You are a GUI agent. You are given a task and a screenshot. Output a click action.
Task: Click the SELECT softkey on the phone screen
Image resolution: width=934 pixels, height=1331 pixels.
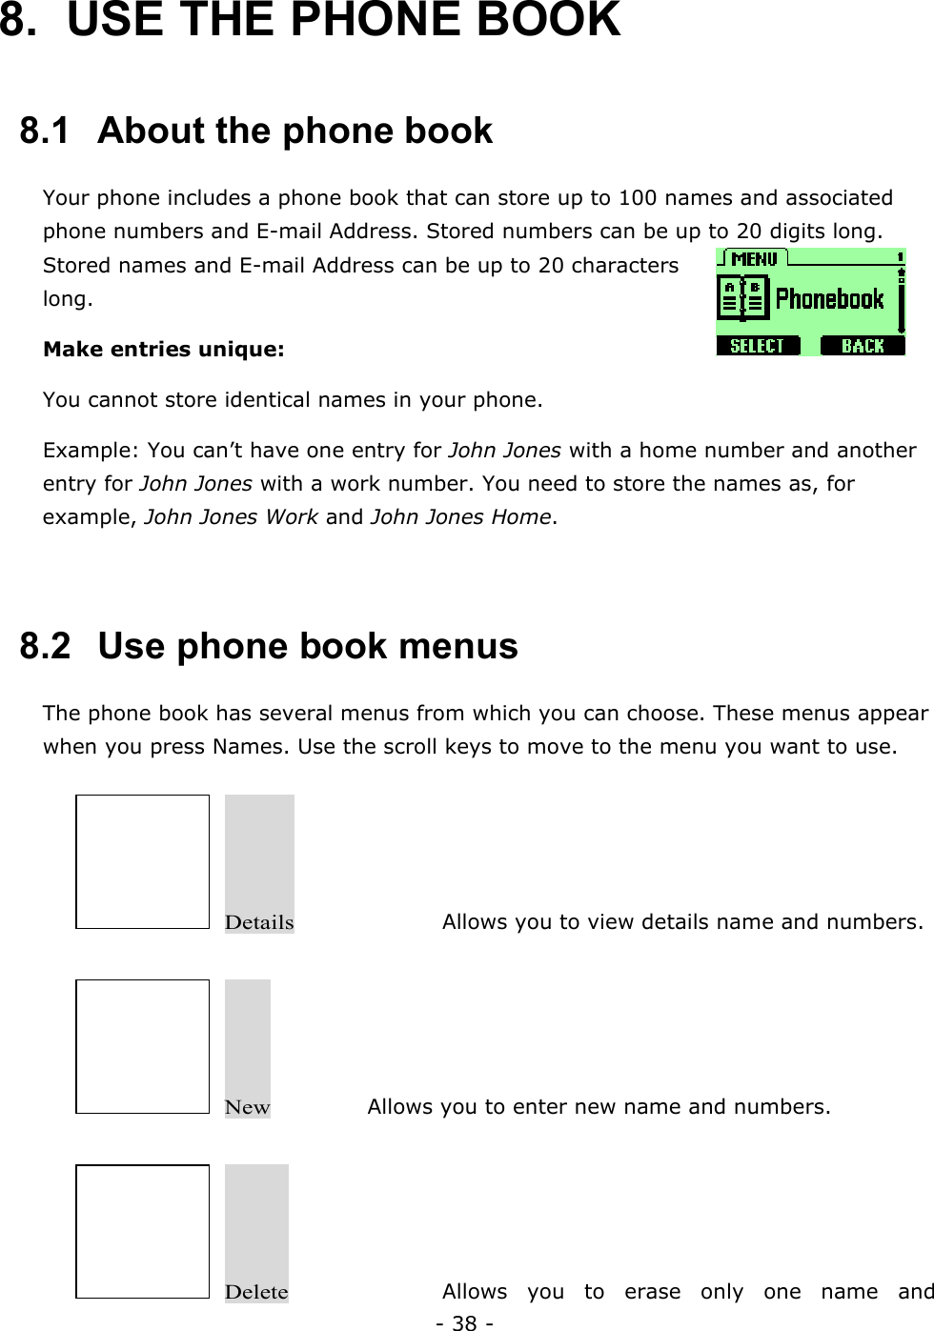[x=757, y=346]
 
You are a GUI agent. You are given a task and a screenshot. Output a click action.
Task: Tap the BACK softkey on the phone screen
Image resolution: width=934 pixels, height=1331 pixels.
[x=863, y=346]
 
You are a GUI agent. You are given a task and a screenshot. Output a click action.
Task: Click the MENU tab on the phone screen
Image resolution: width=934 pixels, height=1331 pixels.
[x=754, y=258]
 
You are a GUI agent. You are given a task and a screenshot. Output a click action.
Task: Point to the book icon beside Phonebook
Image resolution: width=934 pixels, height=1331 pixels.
[x=742, y=298]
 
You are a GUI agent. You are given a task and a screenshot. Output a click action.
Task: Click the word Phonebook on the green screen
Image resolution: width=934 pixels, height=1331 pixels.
[x=830, y=299]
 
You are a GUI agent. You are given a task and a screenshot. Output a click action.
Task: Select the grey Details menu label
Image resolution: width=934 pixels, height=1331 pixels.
[x=259, y=921]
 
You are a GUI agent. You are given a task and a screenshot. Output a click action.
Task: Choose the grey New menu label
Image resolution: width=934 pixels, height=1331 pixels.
[x=247, y=1106]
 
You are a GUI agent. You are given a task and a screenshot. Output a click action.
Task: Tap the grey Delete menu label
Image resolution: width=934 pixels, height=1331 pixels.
[x=256, y=1291]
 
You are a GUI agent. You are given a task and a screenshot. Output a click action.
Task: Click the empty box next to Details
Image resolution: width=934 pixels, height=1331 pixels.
[x=142, y=861]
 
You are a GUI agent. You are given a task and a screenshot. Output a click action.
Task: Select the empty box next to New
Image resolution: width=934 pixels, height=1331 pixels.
[x=142, y=1046]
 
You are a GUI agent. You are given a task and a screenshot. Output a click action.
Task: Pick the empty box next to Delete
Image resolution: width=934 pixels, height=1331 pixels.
[x=142, y=1231]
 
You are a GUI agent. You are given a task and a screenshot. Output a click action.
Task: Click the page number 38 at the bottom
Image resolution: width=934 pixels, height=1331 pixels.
[x=464, y=1322]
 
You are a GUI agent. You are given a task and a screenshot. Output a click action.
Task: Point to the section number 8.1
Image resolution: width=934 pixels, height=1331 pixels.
[x=45, y=131]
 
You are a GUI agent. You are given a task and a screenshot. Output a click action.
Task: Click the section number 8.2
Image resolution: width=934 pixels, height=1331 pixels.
[x=45, y=646]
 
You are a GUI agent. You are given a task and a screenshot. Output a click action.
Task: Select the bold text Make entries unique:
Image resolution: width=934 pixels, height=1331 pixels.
[x=164, y=350]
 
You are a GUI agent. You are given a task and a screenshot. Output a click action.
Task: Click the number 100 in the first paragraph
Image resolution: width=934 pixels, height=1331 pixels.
[x=638, y=198]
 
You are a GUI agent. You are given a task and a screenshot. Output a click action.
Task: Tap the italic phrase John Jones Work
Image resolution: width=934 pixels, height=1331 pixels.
[x=232, y=517]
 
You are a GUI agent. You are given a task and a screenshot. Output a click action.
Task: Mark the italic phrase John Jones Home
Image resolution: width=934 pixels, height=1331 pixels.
[x=460, y=517]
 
